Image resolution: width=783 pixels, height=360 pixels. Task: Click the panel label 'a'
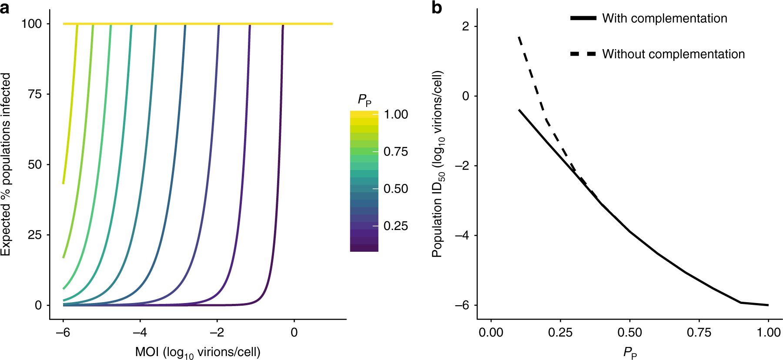tap(5, 7)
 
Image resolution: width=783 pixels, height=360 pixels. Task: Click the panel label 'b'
tap(437, 7)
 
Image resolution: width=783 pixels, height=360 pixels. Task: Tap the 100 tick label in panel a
tap(32, 24)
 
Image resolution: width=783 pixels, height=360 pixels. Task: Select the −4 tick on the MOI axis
tap(140, 333)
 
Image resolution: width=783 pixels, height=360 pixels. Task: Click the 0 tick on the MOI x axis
tap(294, 333)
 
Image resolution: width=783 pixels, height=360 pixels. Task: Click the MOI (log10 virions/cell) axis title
tap(198, 352)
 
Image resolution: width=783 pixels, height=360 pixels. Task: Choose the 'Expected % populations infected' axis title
tap(6, 164)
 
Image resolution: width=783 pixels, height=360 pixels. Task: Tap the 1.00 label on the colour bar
tap(396, 114)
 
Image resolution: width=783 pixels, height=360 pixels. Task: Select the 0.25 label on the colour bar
tap(396, 226)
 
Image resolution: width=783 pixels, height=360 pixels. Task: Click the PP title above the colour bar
tap(364, 100)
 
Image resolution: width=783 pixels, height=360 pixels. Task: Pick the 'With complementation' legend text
tap(664, 18)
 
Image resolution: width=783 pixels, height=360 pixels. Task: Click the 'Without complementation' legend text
tap(673, 54)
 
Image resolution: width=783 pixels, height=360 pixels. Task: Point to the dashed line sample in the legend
tap(583, 54)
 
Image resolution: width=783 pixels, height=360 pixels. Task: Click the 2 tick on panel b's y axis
tap(466, 27)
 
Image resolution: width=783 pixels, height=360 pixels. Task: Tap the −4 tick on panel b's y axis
tap(462, 235)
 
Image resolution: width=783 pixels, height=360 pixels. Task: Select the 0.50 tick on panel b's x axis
tap(629, 333)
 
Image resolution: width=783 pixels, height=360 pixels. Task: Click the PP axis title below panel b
tap(630, 352)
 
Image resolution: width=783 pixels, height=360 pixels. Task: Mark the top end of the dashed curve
tap(519, 37)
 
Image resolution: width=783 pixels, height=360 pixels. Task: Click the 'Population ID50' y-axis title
tap(438, 164)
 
